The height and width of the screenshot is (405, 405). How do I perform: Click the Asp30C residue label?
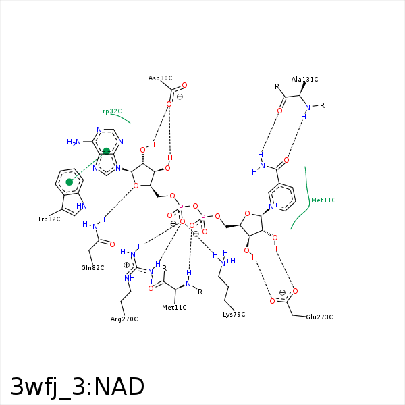tap(160, 78)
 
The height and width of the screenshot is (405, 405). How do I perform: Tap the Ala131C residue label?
tap(304, 79)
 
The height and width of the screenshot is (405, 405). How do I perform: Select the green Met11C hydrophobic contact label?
tap(323, 200)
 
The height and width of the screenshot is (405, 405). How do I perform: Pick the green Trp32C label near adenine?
tap(110, 111)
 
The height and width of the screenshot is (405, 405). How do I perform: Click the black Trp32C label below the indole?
tap(49, 219)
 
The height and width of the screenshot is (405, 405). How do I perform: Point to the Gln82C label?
tap(92, 267)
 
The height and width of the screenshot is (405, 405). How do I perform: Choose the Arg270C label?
tap(124, 319)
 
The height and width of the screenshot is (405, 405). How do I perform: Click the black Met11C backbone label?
tap(174, 308)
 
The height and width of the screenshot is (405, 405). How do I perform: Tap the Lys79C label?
tap(234, 315)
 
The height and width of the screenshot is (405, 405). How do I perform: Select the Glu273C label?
tap(319, 317)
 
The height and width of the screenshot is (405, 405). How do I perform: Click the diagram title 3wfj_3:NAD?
tap(78, 387)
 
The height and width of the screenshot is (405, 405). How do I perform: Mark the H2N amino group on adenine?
tap(74, 142)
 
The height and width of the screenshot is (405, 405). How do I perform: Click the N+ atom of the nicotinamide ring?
tap(273, 207)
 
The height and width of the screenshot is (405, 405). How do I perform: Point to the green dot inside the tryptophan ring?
tap(70, 182)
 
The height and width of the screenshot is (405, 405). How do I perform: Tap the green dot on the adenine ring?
tap(107, 151)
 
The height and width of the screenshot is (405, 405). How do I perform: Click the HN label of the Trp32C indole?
tap(82, 206)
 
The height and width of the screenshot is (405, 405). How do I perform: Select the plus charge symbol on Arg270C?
tap(126, 265)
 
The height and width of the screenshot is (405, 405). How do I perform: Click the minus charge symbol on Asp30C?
tap(180, 97)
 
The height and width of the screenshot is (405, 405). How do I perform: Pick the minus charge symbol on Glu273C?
tap(283, 292)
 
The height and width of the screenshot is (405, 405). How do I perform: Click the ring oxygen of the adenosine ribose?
tap(136, 186)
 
